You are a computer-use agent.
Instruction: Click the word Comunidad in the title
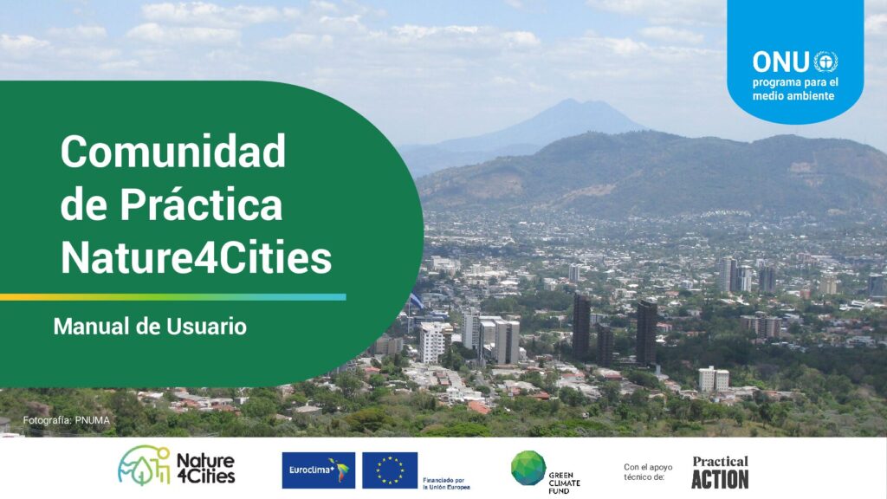[x=173, y=151]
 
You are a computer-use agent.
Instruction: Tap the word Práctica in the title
[x=201, y=204]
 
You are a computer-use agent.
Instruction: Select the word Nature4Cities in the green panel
[x=196, y=257]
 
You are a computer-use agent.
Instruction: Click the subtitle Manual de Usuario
[x=150, y=327]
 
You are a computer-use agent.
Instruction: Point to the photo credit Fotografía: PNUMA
[x=66, y=420]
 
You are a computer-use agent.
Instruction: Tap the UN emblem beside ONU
[x=825, y=62]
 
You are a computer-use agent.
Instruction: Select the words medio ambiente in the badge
[x=793, y=95]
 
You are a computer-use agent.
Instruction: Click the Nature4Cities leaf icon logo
[x=144, y=465]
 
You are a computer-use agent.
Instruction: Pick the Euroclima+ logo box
[x=319, y=470]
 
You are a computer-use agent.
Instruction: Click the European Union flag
[x=390, y=470]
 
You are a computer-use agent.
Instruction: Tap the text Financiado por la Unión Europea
[x=446, y=483]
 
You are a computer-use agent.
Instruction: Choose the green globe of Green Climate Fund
[x=528, y=468]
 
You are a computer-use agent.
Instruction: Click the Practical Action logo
[x=720, y=472]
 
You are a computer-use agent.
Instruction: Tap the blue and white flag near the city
[x=416, y=301]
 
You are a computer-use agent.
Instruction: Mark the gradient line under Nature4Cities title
[x=173, y=297]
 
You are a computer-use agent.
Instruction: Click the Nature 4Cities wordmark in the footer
[x=206, y=469]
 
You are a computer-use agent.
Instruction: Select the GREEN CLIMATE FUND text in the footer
[x=564, y=483]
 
